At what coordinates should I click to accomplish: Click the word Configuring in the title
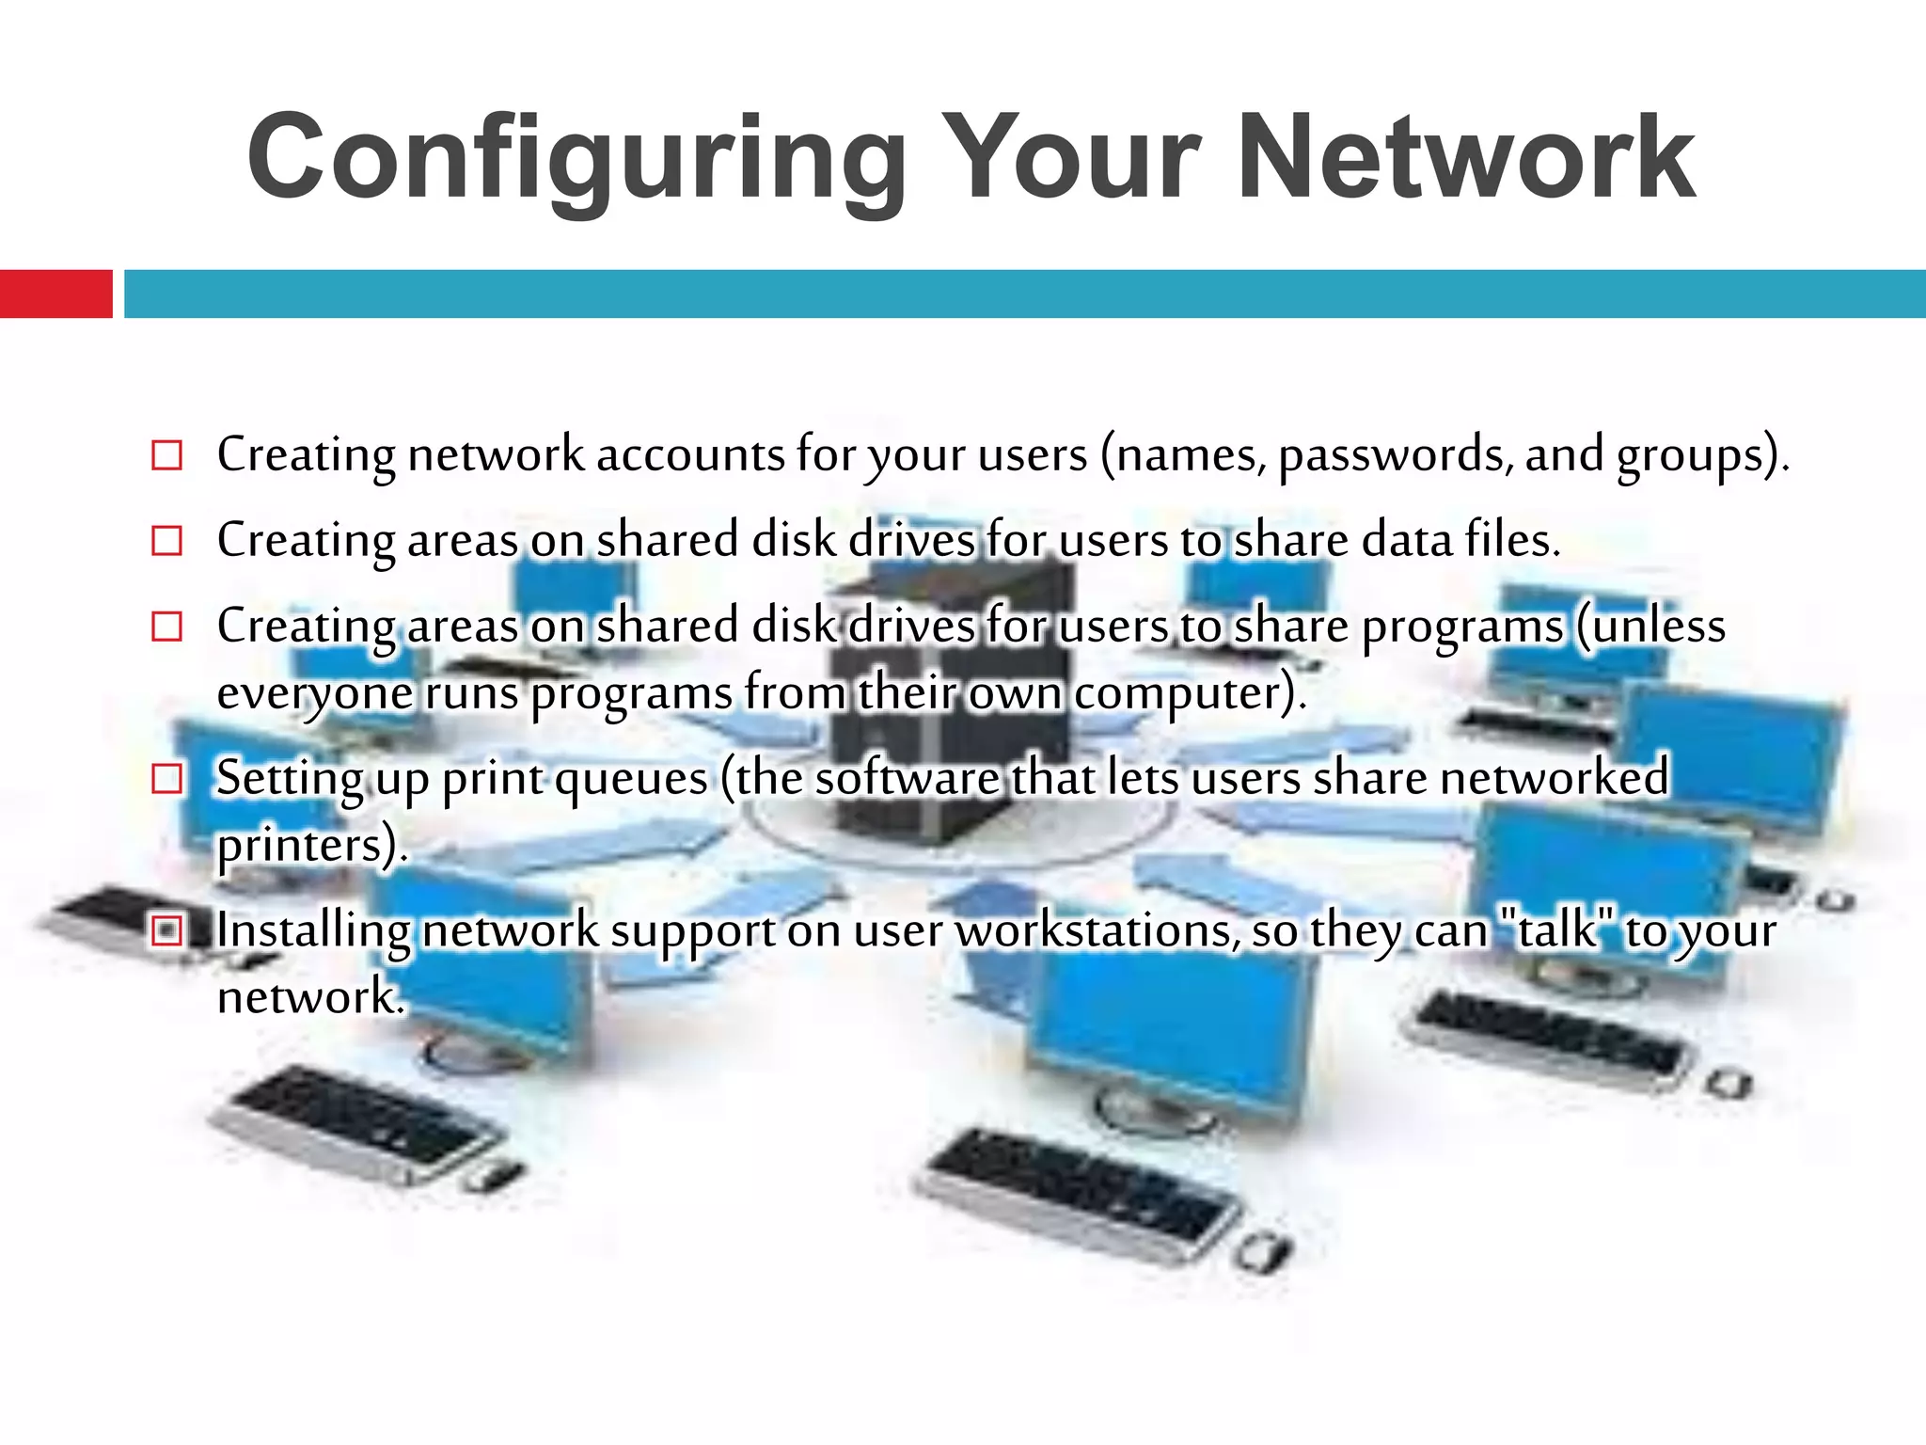coord(576,158)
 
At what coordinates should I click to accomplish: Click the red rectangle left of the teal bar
coord(55,294)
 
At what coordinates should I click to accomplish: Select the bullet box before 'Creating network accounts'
coord(166,455)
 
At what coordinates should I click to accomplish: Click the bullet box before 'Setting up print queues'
coord(166,779)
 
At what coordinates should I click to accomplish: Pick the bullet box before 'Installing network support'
coord(166,931)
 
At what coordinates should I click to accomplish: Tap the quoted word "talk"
coord(1557,929)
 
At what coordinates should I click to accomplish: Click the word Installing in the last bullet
coord(313,931)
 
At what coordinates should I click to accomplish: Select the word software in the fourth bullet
coord(907,779)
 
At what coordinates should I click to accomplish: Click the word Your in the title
coord(1072,158)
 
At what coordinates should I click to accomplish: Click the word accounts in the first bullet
coord(690,455)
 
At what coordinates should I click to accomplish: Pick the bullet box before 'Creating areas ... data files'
coord(166,541)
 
